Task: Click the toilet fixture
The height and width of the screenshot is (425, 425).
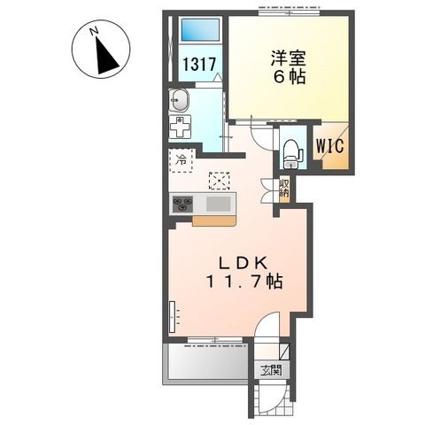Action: pyautogui.click(x=290, y=151)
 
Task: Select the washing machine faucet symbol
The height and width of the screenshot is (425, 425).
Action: pyautogui.click(x=180, y=126)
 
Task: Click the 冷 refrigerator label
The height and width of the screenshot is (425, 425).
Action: pyautogui.click(x=181, y=160)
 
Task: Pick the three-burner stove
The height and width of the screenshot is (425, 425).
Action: pyautogui.click(x=183, y=205)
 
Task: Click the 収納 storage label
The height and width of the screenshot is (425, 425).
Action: pyautogui.click(x=284, y=188)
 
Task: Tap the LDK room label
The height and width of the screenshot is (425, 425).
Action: pyautogui.click(x=238, y=263)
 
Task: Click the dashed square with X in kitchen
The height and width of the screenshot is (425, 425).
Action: pyautogui.click(x=217, y=181)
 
